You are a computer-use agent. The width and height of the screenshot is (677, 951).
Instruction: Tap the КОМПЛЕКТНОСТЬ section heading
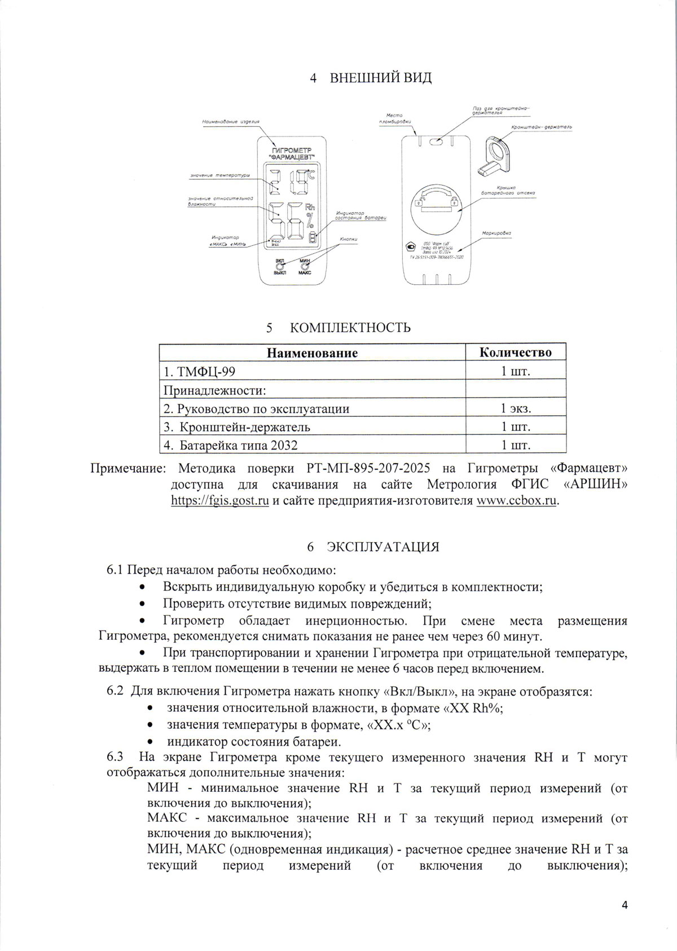click(350, 328)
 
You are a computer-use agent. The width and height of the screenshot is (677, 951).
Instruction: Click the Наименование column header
click(312, 353)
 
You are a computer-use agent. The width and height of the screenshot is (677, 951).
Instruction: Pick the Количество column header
click(515, 353)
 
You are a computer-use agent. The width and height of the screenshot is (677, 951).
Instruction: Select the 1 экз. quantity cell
click(516, 408)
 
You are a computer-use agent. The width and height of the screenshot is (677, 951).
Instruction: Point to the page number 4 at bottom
click(624, 906)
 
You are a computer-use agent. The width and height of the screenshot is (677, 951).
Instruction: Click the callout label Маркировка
click(496, 232)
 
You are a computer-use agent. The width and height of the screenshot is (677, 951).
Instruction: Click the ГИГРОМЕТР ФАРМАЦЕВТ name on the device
click(292, 153)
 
